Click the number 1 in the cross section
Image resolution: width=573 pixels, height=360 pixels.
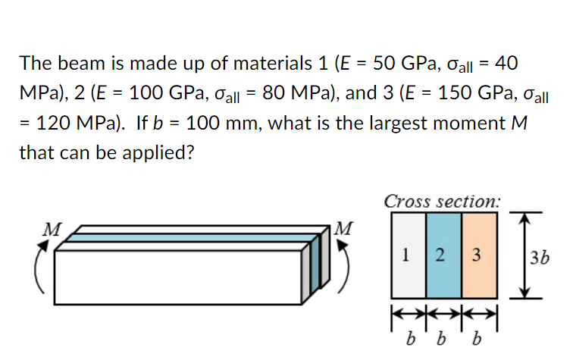click(x=405, y=255)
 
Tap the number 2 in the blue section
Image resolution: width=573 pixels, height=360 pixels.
click(x=440, y=255)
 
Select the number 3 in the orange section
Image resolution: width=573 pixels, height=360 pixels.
click(x=476, y=255)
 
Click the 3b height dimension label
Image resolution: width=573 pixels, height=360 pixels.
click(x=540, y=258)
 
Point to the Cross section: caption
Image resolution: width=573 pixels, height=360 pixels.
click(x=442, y=202)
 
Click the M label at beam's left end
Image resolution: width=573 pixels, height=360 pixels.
click(x=52, y=230)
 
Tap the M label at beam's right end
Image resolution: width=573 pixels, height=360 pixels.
click(x=343, y=228)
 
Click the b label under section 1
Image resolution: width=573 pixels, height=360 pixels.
click(x=411, y=339)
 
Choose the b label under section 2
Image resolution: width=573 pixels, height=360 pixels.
click(x=441, y=339)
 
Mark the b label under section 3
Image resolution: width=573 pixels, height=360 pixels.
click(x=477, y=339)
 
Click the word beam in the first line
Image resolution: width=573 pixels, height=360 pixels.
click(x=82, y=63)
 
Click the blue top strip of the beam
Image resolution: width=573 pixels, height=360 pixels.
click(x=190, y=238)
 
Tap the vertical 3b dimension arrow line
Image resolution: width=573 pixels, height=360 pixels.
click(x=524, y=255)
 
